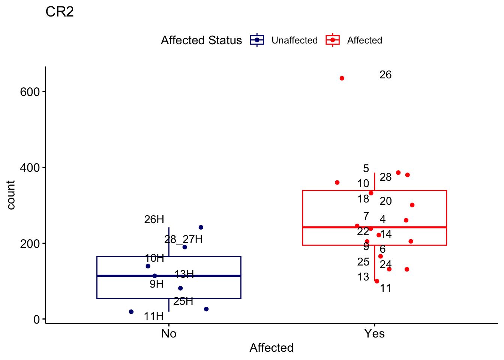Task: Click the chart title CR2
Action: (60, 12)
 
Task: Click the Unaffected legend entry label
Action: (294, 40)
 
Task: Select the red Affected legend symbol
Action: (333, 40)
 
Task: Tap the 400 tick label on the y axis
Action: (30, 168)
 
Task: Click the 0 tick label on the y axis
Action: (36, 319)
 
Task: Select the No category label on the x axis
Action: (169, 333)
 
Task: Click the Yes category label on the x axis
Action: (374, 333)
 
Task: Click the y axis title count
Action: (11, 195)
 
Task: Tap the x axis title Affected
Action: (271, 348)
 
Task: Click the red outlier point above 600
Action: (342, 78)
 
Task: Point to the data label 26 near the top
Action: (385, 75)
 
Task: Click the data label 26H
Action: (154, 220)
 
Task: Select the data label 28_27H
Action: (183, 239)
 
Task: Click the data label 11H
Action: (154, 316)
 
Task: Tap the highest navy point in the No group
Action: (201, 228)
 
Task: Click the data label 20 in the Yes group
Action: (385, 201)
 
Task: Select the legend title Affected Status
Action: (201, 40)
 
